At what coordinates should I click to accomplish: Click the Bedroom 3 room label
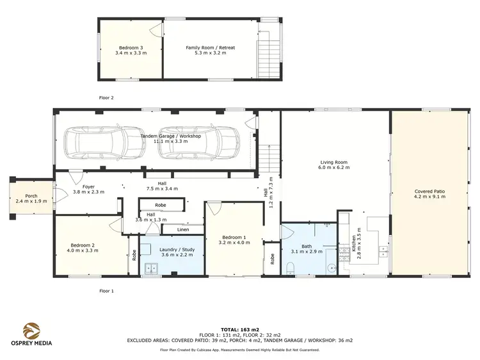pyautogui.click(x=131, y=47)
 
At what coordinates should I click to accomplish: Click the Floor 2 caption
pyautogui.click(x=106, y=98)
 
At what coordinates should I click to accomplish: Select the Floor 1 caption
pyautogui.click(x=106, y=291)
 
